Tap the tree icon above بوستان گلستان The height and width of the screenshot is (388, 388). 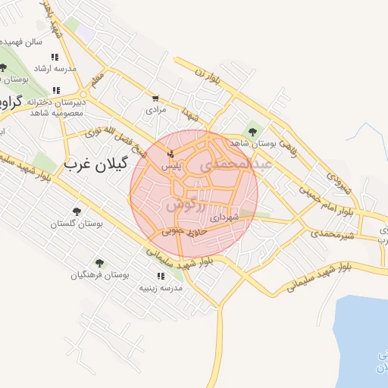point(76,211)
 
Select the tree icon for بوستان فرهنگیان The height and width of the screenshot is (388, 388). point(99,263)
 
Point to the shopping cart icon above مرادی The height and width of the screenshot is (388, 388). point(155,98)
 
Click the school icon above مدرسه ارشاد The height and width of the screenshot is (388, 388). point(55,57)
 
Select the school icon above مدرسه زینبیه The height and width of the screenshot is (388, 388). point(160,276)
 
